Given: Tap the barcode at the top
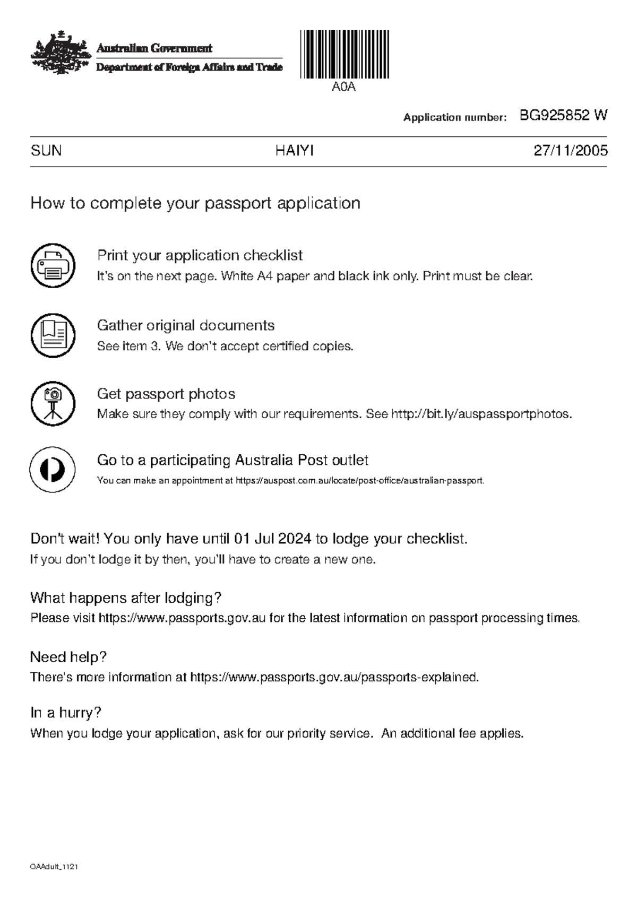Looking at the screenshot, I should [344, 55].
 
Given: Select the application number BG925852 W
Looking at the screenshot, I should [563, 116].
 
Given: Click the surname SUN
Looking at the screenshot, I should [46, 151].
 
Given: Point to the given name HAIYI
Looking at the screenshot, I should [294, 151].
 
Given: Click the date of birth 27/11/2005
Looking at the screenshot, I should [571, 151].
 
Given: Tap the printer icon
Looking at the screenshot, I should [53, 266].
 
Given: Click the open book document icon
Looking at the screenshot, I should [53, 335].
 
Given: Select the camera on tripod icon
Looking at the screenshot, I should [53, 403].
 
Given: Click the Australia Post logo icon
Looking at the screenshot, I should [53, 470].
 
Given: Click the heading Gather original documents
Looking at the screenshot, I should [185, 325].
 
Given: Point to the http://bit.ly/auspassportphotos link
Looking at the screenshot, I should [481, 414].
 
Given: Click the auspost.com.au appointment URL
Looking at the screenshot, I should [359, 481].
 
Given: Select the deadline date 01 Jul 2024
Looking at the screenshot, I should [272, 540].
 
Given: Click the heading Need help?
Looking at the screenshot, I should [68, 657].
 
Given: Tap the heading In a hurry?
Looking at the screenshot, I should [65, 713].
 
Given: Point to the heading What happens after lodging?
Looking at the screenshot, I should [125, 598].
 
